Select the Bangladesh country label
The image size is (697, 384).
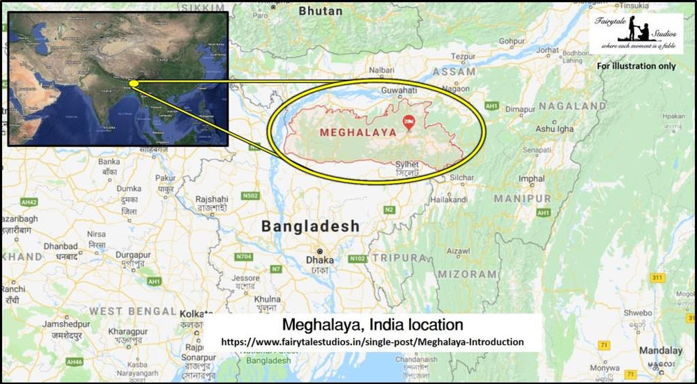click(x=310, y=226)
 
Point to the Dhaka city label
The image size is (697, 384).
click(x=321, y=261)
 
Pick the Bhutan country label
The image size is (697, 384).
click(x=321, y=11)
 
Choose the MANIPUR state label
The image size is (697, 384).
click(x=522, y=199)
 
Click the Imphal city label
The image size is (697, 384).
click(x=532, y=179)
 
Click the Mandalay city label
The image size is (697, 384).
click(x=661, y=351)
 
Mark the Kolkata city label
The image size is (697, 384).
click(x=196, y=314)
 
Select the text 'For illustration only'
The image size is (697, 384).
click(x=636, y=66)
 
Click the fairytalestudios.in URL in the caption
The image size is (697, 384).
click(x=372, y=342)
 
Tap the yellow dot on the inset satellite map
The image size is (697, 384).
click(x=134, y=84)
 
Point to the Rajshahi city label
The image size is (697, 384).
click(x=212, y=199)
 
